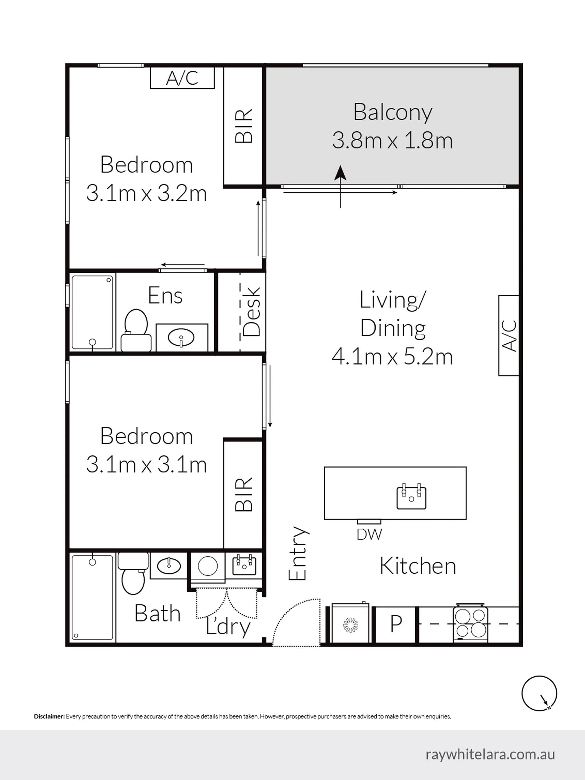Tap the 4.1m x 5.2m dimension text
click(x=392, y=357)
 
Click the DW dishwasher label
click(x=369, y=535)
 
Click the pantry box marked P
click(x=396, y=625)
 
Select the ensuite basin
click(x=181, y=338)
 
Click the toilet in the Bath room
click(x=133, y=573)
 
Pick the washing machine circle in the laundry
click(x=207, y=566)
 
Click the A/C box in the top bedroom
click(x=182, y=78)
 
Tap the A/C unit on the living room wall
click(x=509, y=336)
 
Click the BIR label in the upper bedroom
click(x=243, y=126)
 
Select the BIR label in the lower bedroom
click(x=243, y=494)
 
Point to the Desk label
click(x=252, y=312)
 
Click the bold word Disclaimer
click(x=49, y=716)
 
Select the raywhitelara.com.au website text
click(x=490, y=755)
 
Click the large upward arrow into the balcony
click(x=340, y=187)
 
